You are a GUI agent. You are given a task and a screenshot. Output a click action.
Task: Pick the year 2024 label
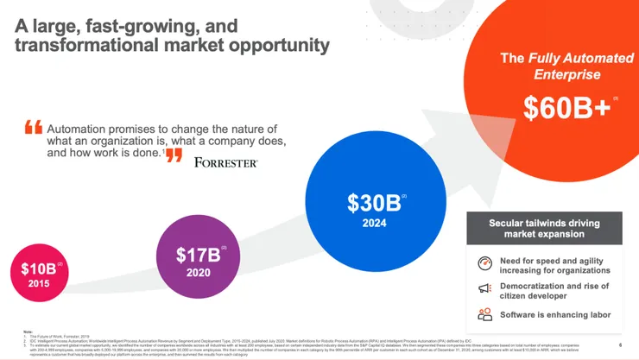(374, 223)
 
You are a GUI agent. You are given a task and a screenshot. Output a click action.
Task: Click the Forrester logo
(226, 161)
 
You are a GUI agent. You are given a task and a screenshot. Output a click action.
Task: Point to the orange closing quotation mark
(174, 155)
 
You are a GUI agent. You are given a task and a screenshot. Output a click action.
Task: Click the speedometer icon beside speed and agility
(484, 262)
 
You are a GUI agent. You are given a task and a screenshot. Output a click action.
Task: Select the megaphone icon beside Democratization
(484, 288)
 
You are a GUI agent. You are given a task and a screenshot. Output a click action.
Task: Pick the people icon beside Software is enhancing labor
(484, 314)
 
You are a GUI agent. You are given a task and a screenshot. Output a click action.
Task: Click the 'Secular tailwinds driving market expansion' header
(544, 230)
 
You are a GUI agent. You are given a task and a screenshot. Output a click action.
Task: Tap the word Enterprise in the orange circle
(567, 75)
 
